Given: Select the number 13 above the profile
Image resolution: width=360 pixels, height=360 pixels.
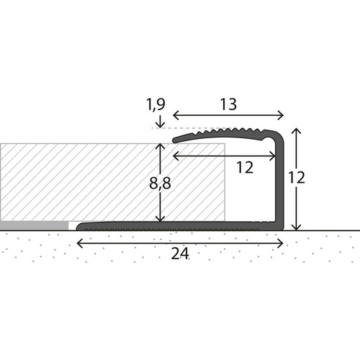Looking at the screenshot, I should (228, 105).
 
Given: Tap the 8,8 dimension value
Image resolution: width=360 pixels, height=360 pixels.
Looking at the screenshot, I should (160, 183).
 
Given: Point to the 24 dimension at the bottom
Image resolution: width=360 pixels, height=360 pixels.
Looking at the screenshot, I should (180, 253).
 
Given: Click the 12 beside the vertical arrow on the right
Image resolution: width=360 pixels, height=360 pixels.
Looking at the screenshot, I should (307, 178).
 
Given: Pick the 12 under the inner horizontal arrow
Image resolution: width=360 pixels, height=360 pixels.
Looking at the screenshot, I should (245, 167).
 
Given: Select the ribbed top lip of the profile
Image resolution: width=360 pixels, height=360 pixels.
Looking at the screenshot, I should (223, 133).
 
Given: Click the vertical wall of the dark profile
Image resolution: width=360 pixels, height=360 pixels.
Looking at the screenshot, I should (281, 180).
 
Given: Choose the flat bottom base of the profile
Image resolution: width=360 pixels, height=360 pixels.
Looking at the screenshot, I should (180, 227).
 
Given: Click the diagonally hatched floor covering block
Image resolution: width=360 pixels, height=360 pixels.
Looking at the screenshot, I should (79, 181).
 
